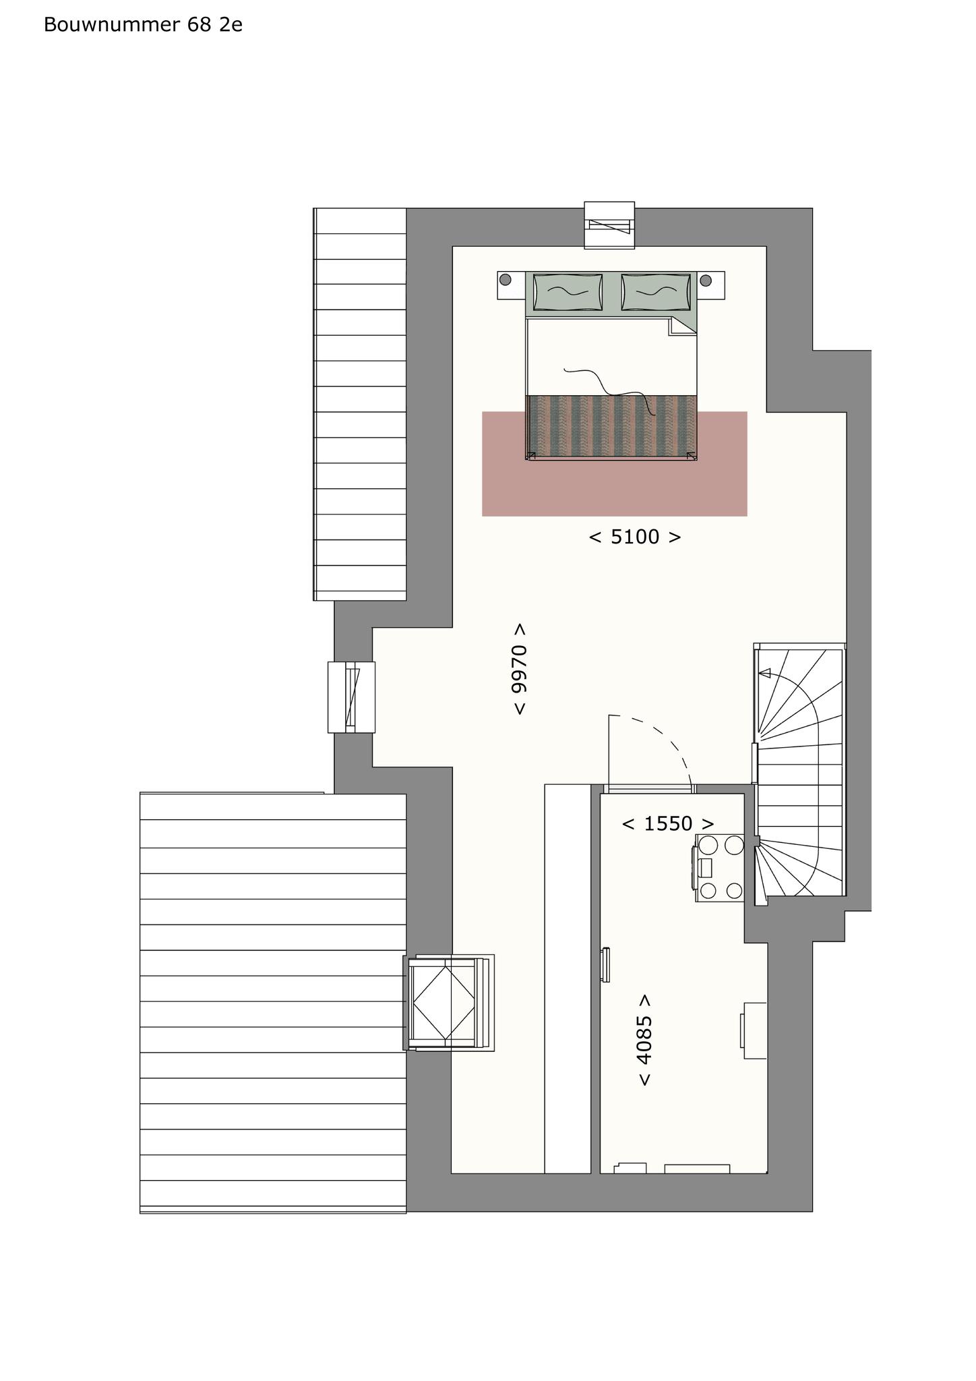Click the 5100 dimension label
pos(635,537)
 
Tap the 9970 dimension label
pos(519,669)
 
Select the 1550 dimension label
pos(667,823)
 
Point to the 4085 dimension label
pos(644,1040)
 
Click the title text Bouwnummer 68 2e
pos(143,25)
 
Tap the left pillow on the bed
pos(568,292)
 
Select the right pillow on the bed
pos(656,292)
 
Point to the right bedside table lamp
pos(706,280)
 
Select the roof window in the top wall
pos(609,225)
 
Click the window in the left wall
pos(351,697)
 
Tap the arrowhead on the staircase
pos(764,672)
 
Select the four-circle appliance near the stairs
pos(720,868)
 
